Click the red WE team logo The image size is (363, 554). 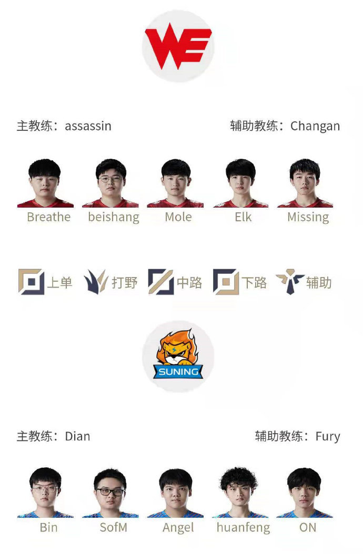click(x=178, y=46)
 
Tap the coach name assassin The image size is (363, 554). click(x=88, y=126)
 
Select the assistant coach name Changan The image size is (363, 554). click(x=315, y=126)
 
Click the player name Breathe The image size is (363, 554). click(x=49, y=217)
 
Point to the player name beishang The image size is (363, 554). click(x=114, y=217)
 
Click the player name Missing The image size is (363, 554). click(x=308, y=217)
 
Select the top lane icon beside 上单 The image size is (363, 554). click(x=31, y=282)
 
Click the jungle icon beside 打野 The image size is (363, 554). click(x=96, y=282)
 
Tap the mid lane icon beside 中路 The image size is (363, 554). click(x=160, y=282)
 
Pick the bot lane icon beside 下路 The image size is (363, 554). click(x=226, y=282)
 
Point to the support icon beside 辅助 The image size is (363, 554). click(x=290, y=282)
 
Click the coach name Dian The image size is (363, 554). click(x=77, y=436)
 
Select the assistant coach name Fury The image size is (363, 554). click(x=328, y=437)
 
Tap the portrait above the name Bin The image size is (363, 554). click(x=45, y=493)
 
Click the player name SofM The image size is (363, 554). click(x=113, y=528)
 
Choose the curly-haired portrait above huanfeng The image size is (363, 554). click(x=239, y=493)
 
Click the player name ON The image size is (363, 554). click(x=308, y=528)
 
